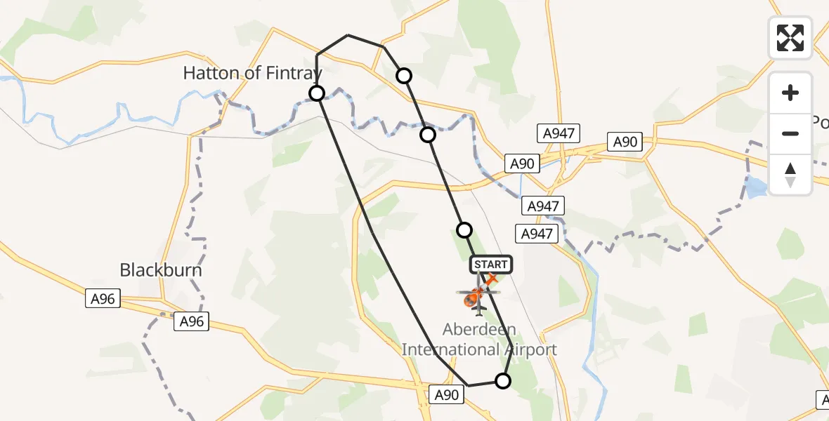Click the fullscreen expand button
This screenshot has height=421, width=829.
[x=790, y=38]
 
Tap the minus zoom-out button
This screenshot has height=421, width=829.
[x=790, y=133]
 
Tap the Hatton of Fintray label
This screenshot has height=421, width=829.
[x=252, y=72]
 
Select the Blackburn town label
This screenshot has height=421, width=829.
[x=161, y=269]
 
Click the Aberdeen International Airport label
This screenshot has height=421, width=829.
[x=479, y=340]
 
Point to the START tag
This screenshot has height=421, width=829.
[x=491, y=265]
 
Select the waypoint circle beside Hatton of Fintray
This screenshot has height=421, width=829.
[x=317, y=93]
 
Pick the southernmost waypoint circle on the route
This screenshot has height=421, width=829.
[x=503, y=381]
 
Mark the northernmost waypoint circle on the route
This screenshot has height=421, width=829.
[x=404, y=75]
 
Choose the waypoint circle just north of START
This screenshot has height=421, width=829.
[x=464, y=229]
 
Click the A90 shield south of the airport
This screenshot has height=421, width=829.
[x=447, y=395]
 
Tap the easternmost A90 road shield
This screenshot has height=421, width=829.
[x=625, y=142]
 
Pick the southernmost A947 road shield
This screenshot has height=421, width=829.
[x=536, y=234]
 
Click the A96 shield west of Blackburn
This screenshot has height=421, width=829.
[x=102, y=299]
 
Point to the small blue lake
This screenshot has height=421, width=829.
[x=756, y=187]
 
